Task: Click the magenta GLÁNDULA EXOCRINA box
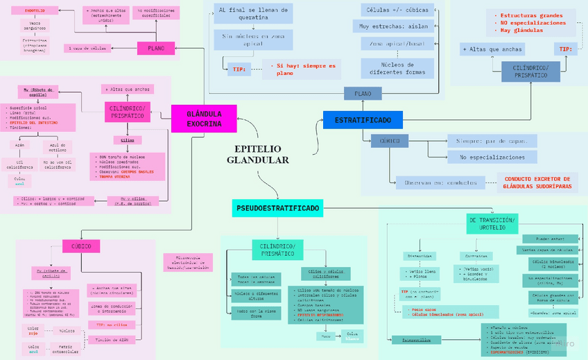click(204, 118)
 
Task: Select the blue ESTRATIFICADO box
click(363, 120)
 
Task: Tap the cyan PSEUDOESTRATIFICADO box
click(277, 207)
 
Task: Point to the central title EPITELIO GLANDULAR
click(257, 154)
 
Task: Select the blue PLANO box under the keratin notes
click(363, 94)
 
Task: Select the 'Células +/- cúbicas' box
click(398, 10)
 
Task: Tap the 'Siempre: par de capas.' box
click(492, 141)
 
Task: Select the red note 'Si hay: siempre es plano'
click(302, 69)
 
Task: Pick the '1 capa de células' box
click(88, 48)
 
